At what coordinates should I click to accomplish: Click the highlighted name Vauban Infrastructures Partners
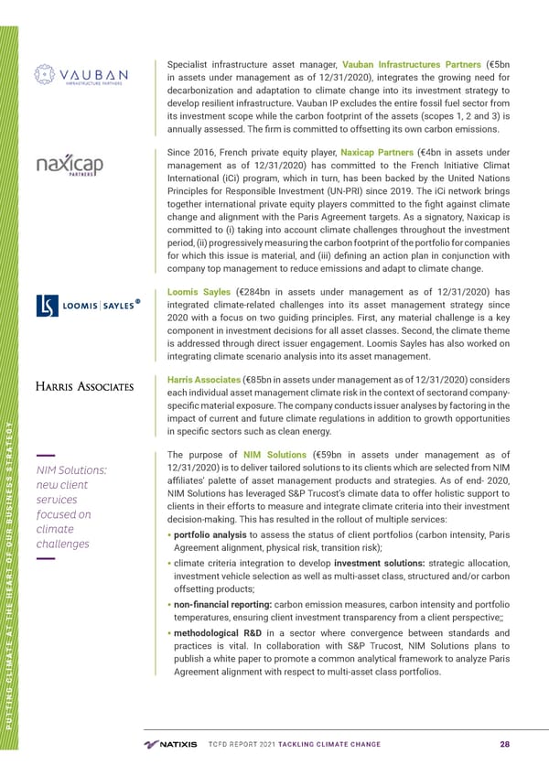(x=411, y=63)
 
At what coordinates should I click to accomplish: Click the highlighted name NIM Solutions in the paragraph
(x=275, y=456)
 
